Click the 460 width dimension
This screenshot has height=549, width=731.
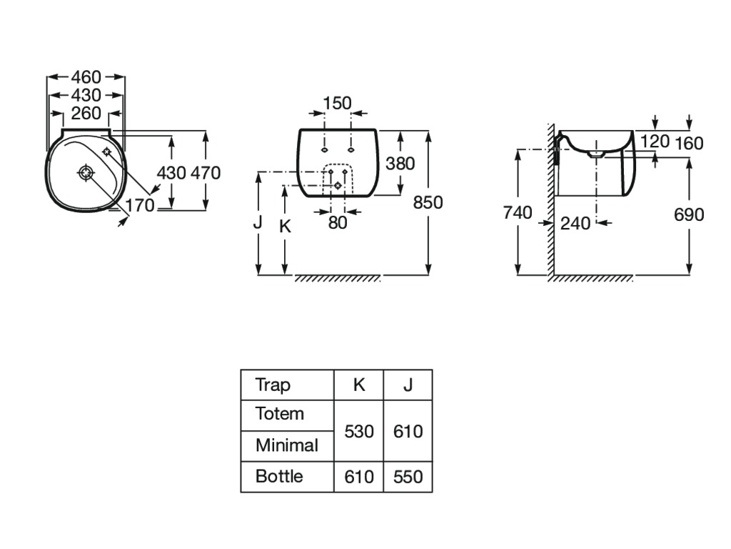click(86, 76)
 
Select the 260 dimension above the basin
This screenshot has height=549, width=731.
click(86, 113)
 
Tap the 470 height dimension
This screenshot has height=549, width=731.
click(206, 173)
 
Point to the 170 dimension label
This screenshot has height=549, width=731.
click(140, 206)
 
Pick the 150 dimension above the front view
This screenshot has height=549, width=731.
click(337, 104)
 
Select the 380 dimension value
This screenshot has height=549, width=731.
click(400, 163)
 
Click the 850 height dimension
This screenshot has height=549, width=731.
click(428, 202)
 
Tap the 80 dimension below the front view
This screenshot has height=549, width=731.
click(338, 222)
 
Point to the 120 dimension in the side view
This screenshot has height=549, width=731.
click(655, 142)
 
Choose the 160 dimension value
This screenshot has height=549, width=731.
click(689, 144)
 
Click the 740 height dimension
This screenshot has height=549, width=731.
click(517, 212)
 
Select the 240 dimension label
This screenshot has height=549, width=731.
click(575, 223)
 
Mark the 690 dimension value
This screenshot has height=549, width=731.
click(689, 214)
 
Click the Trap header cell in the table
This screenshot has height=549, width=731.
click(273, 385)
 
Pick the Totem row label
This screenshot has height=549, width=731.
click(280, 414)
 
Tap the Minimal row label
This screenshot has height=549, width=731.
click(286, 446)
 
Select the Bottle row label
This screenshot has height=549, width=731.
click(279, 476)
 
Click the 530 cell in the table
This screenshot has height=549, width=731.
click(359, 432)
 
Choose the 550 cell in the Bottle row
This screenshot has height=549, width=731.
click(408, 476)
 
